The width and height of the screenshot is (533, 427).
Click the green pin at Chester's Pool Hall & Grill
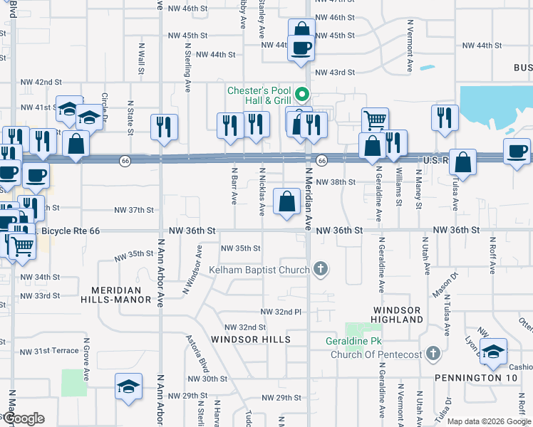pos(302,94)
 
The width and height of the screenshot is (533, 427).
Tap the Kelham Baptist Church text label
pos(259,270)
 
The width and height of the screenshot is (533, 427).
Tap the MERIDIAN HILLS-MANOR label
pos(121,295)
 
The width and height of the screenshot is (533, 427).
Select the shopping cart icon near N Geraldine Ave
pos(375,120)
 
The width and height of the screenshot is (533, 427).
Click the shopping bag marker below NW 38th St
pos(286,201)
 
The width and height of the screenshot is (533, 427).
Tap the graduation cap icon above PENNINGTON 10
pos(493,350)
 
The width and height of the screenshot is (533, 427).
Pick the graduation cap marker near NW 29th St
pos(128,386)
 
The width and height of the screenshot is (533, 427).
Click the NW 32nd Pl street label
pos(281,312)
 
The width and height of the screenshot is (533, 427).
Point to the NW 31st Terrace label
pos(49,352)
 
